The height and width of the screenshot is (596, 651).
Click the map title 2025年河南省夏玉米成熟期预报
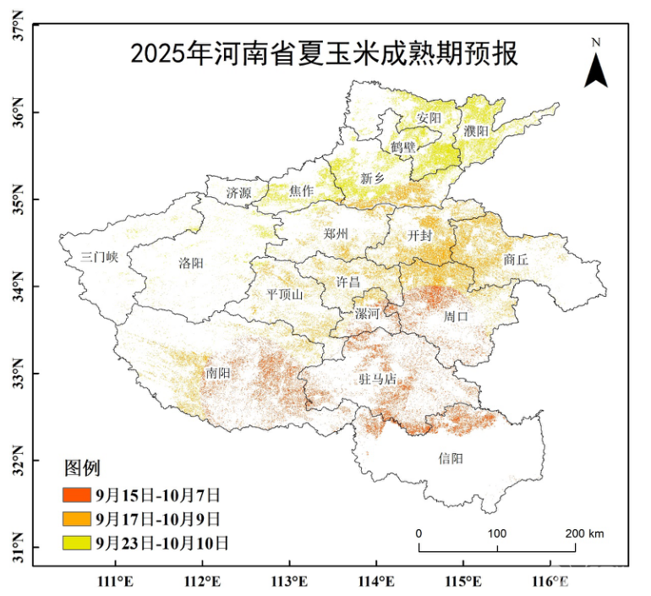point(324,54)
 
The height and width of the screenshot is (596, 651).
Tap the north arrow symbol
point(596,68)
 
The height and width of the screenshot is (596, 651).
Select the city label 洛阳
point(191,263)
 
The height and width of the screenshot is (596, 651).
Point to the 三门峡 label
point(99,258)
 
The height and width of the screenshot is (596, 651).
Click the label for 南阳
point(216,372)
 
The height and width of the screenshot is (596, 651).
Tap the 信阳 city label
point(451,458)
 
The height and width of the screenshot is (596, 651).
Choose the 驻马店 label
point(377,380)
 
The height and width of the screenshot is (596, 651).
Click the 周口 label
point(457,316)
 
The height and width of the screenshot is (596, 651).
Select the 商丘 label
point(515,260)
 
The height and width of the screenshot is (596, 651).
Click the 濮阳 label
point(476,131)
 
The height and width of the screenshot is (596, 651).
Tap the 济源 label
point(238,193)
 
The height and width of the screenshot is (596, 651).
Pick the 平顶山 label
point(285,294)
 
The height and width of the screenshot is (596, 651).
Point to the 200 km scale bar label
point(585,533)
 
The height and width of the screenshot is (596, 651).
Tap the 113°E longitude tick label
point(289,582)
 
